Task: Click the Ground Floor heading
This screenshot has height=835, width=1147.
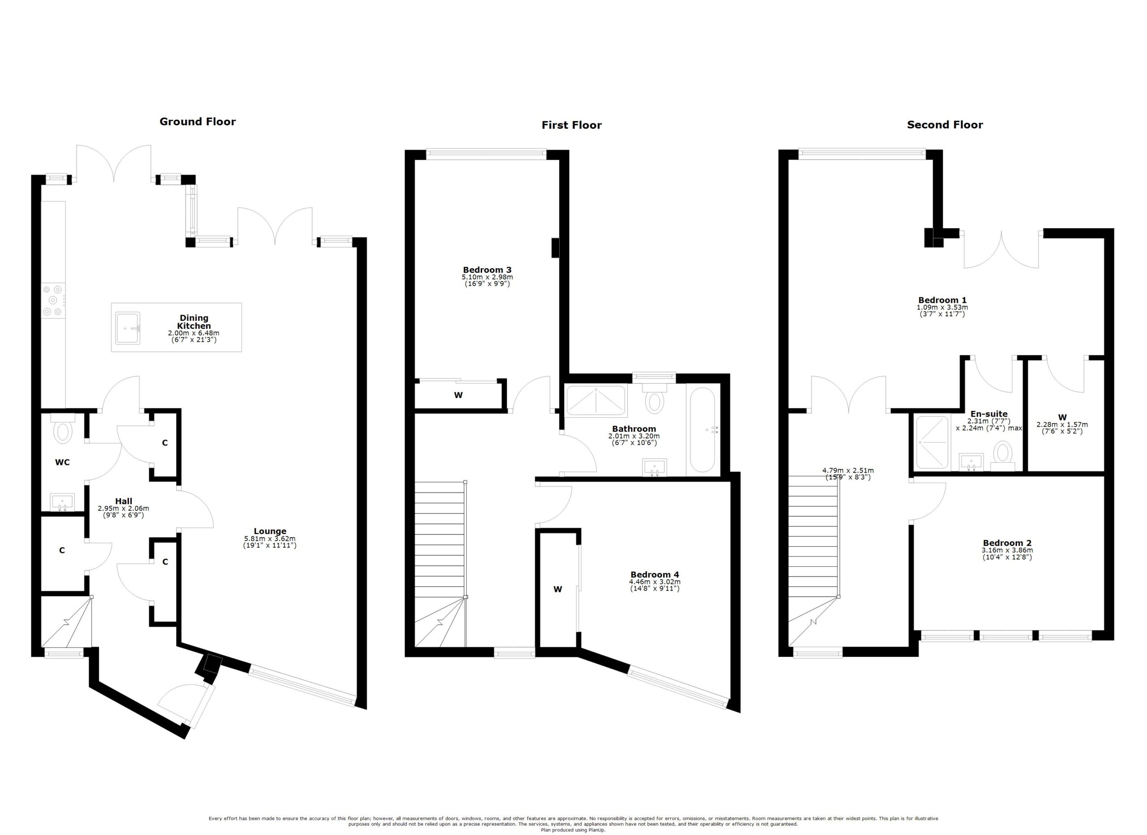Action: pos(197,122)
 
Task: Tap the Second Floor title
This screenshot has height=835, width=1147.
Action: pos(945,125)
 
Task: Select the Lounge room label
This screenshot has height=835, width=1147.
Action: pos(270,531)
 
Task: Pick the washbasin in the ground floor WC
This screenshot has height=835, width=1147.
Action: pos(62,502)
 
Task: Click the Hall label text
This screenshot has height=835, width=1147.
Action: pos(123,501)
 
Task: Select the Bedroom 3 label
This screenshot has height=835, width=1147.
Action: pos(487,270)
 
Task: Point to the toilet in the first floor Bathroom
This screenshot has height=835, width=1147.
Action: pos(655,398)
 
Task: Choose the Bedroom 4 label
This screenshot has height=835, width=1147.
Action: pos(655,574)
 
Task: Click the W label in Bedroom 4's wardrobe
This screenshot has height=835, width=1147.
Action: pos(557,589)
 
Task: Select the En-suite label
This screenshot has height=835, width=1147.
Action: pos(989,413)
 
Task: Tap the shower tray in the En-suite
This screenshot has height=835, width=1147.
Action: pos(932,442)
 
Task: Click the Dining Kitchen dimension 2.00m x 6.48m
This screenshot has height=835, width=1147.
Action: pos(194,334)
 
